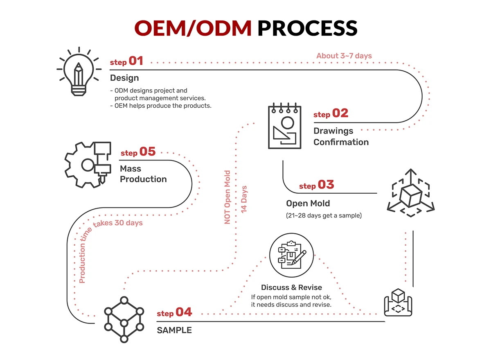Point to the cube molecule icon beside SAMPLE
click(x=123, y=318)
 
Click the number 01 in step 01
click(x=136, y=61)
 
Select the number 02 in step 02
click(x=340, y=113)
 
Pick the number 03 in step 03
click(x=326, y=185)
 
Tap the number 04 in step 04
click(x=184, y=312)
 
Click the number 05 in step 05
click(x=147, y=152)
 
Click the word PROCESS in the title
click(x=307, y=28)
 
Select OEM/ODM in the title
click(x=193, y=28)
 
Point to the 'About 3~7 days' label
click(x=344, y=56)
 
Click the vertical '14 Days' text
click(x=244, y=199)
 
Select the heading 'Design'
click(x=124, y=78)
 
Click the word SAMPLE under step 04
click(x=174, y=330)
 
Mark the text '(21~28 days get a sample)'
click(x=324, y=215)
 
